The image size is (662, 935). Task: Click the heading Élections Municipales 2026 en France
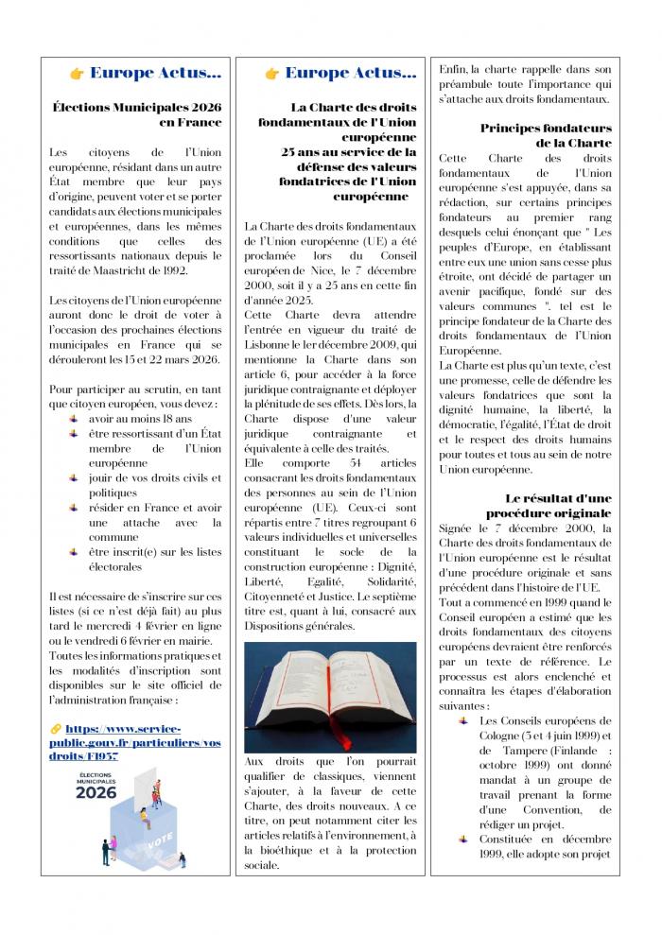[137, 114]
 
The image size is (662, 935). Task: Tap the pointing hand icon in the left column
[77, 74]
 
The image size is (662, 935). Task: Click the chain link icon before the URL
[55, 730]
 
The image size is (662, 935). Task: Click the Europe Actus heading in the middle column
[350, 74]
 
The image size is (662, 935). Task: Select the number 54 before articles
[356, 462]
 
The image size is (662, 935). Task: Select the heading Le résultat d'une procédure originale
[549, 506]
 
